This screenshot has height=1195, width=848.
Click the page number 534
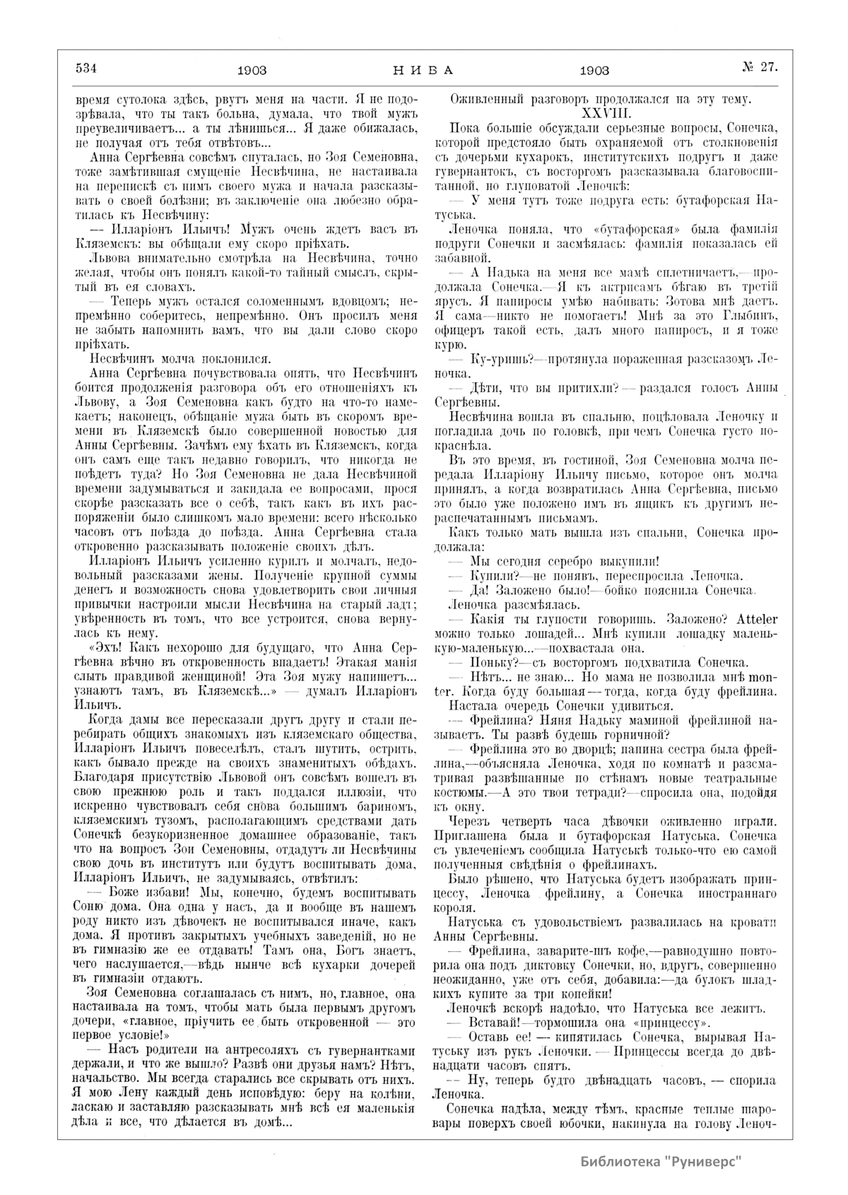[85, 68]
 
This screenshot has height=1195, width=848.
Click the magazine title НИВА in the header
[422, 70]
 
